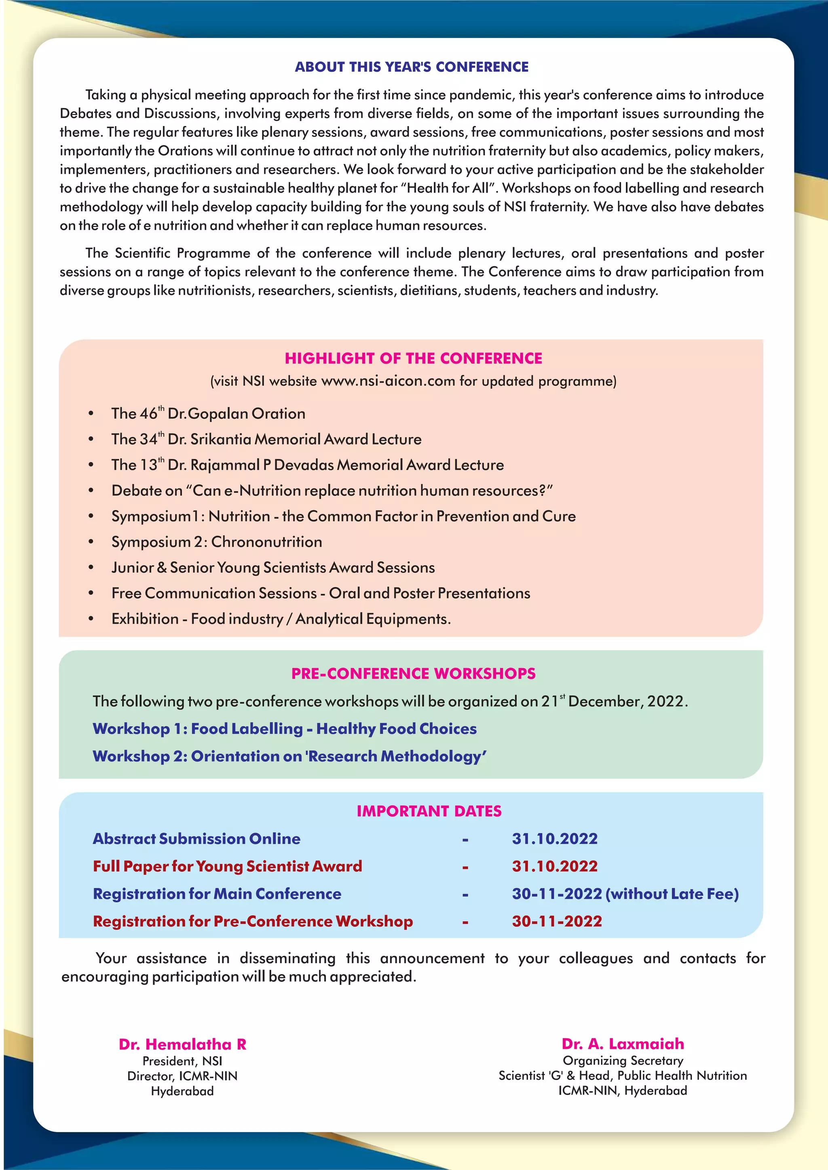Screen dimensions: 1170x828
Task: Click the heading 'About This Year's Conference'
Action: pos(412,67)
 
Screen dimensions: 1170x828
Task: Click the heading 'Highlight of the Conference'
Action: pos(413,358)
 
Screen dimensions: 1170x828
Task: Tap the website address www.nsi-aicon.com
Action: pos(388,381)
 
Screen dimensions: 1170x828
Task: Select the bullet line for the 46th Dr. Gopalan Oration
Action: pos(208,413)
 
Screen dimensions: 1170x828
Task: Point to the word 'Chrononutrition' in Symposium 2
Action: pos(267,542)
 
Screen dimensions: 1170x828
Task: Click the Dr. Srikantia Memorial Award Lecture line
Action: pos(266,439)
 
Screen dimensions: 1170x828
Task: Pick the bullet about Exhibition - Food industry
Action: pos(281,619)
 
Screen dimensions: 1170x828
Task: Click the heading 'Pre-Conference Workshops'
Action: pos(413,673)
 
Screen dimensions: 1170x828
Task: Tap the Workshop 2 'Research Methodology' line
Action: pos(289,756)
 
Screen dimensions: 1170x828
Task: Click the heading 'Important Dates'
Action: pos(429,811)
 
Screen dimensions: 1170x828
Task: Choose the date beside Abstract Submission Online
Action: pos(555,839)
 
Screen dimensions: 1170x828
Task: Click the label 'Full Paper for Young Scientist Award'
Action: pos(227,866)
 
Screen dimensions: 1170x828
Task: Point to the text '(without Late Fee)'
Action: pos(672,894)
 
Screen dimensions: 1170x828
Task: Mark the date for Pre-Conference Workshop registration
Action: pos(557,921)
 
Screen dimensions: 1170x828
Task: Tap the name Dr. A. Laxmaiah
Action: pos(623,1044)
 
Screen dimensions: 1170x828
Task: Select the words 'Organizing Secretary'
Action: pos(623,1061)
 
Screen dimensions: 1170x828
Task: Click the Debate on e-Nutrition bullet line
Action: pos(332,490)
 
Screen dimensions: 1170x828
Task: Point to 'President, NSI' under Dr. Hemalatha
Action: pos(182,1061)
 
